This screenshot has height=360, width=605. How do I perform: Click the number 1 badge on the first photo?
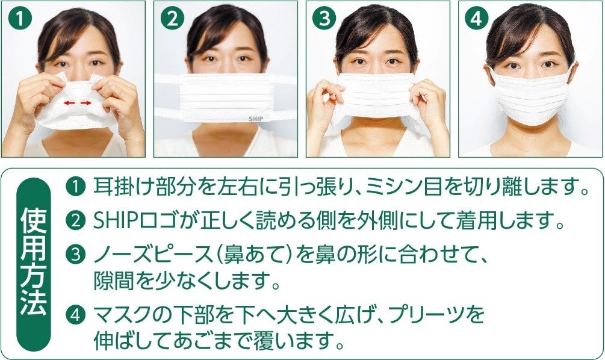pyautogui.click(x=20, y=19)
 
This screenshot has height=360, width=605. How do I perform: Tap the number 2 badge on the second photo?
pyautogui.click(x=172, y=19)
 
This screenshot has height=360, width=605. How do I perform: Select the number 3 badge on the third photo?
pyautogui.click(x=324, y=19)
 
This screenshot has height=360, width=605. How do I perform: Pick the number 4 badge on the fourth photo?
pyautogui.click(x=477, y=19)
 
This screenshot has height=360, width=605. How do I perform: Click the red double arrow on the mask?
pyautogui.click(x=78, y=103)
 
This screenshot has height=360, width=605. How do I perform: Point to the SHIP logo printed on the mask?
pyautogui.click(x=255, y=119)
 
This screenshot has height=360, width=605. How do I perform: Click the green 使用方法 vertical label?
pyautogui.click(x=34, y=264)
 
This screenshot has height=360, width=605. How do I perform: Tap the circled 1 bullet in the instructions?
pyautogui.click(x=75, y=187)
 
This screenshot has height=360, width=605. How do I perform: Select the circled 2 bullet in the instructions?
pyautogui.click(x=75, y=221)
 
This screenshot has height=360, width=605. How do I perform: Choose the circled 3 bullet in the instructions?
pyautogui.click(x=75, y=255)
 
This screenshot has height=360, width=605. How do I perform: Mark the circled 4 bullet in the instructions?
pyautogui.click(x=75, y=315)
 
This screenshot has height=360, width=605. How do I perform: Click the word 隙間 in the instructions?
pyautogui.click(x=112, y=281)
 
